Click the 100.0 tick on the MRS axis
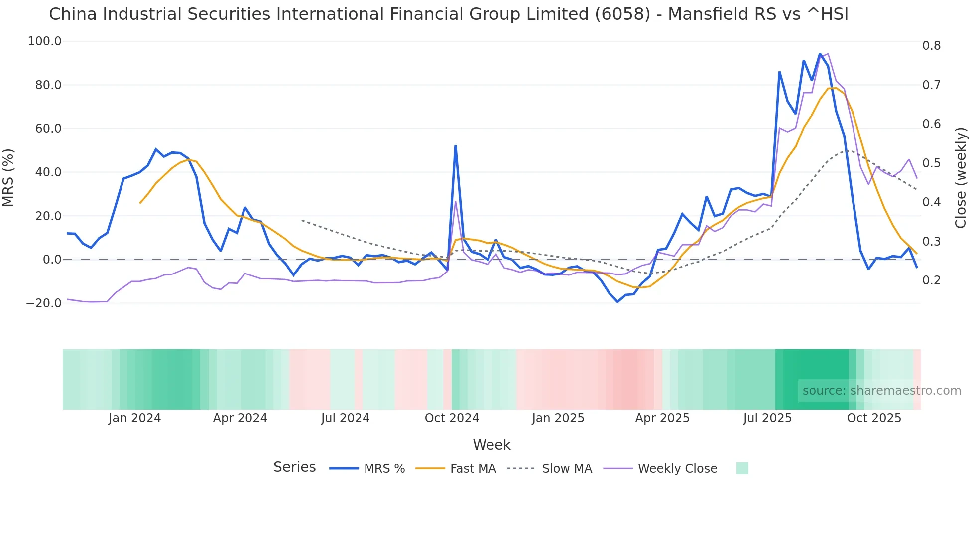tap(44, 41)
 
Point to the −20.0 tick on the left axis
tap(43, 303)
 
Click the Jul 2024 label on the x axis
tap(345, 418)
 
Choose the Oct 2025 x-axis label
tap(874, 418)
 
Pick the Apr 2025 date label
tap(662, 418)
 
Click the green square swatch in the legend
tap(742, 468)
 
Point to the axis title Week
tap(491, 445)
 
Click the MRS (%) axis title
tap(8, 177)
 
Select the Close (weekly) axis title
tap(961, 177)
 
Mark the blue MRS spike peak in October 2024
tap(455, 146)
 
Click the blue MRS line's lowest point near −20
tap(617, 302)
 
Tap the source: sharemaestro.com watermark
tap(881, 391)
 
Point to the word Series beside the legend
tap(294, 467)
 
